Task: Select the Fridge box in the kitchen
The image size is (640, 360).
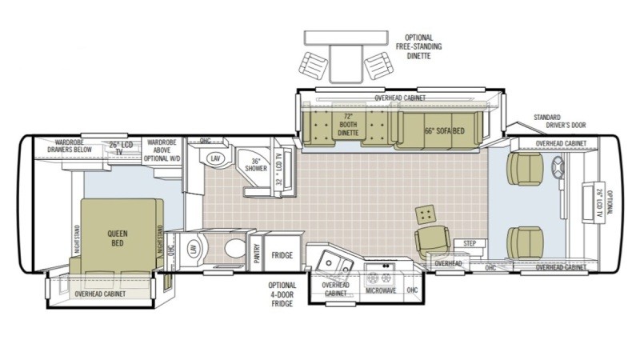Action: pos(281,255)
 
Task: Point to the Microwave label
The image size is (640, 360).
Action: pos(382,290)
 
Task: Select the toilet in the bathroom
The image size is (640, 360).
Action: pos(234,248)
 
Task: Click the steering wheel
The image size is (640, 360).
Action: pos(558,168)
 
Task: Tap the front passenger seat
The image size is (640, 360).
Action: pos(526,241)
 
